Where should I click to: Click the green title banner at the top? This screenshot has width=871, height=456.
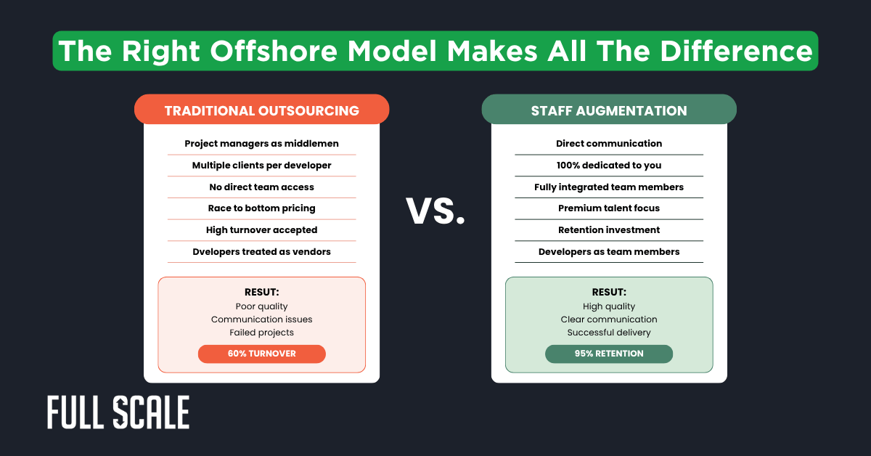click(x=435, y=50)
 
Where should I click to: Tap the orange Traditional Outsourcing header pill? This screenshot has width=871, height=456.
click(x=261, y=110)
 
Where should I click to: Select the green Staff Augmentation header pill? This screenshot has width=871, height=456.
click(x=609, y=110)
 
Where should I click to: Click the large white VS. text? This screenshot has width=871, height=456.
click(x=435, y=210)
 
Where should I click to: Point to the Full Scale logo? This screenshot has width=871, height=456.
click(x=118, y=412)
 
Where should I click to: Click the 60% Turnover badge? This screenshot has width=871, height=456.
click(x=261, y=354)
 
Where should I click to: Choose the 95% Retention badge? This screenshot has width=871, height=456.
click(x=609, y=354)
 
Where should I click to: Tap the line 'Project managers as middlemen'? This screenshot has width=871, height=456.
click(x=261, y=144)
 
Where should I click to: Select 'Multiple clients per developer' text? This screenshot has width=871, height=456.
click(x=261, y=166)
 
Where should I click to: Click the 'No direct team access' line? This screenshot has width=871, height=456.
click(x=261, y=187)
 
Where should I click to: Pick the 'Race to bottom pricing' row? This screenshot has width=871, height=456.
click(x=261, y=208)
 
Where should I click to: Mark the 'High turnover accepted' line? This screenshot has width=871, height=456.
click(x=261, y=230)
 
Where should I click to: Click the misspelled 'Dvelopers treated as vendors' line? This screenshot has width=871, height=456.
click(x=261, y=251)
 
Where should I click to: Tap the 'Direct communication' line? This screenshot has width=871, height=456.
click(x=609, y=144)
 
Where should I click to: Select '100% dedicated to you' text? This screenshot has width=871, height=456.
click(x=609, y=166)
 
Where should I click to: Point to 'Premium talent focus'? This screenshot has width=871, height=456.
click(x=609, y=208)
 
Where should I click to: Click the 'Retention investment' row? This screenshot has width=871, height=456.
click(x=609, y=230)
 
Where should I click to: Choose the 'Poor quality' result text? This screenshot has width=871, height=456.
click(x=261, y=306)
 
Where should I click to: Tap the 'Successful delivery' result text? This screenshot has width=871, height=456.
click(x=609, y=333)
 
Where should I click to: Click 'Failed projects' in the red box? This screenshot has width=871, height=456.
click(x=261, y=333)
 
